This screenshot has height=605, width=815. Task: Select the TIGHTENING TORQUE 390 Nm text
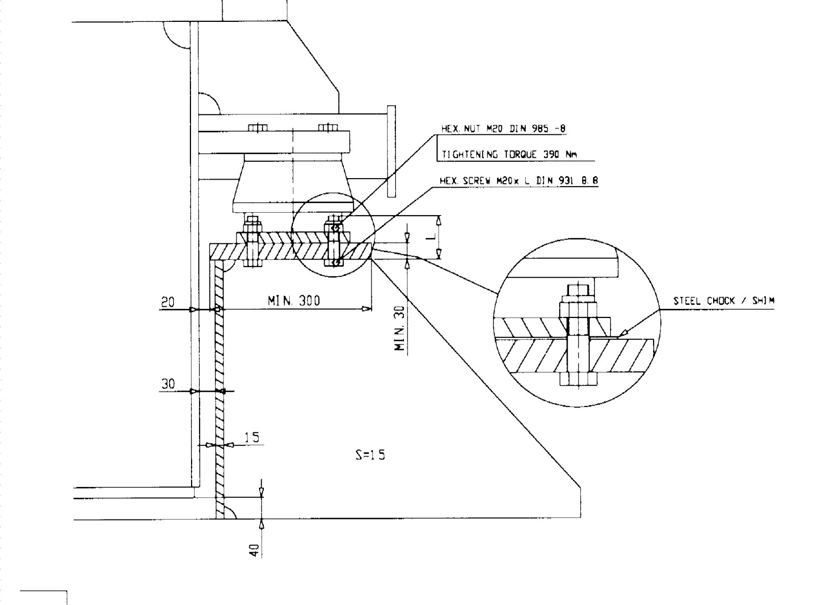tap(509, 155)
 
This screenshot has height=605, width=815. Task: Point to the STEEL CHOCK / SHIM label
tap(723, 301)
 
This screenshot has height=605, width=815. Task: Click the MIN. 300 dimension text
tap(294, 301)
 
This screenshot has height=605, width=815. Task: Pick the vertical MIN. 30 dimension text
tap(400, 328)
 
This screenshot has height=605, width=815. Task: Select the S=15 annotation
tap(370, 454)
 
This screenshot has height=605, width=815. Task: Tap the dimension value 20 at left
tap(168, 302)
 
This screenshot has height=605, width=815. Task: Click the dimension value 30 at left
tap(168, 384)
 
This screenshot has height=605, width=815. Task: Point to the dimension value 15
tap(252, 437)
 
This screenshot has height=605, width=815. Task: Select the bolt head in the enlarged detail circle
tap(578, 379)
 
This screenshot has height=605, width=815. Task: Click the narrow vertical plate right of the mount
tap(391, 151)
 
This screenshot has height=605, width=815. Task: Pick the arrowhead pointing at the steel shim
tap(622, 333)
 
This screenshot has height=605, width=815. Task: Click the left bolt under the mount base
tap(253, 243)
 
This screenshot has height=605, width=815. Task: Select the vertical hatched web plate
tap(220, 387)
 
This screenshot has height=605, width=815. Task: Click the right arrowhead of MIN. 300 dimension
tap(366, 309)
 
